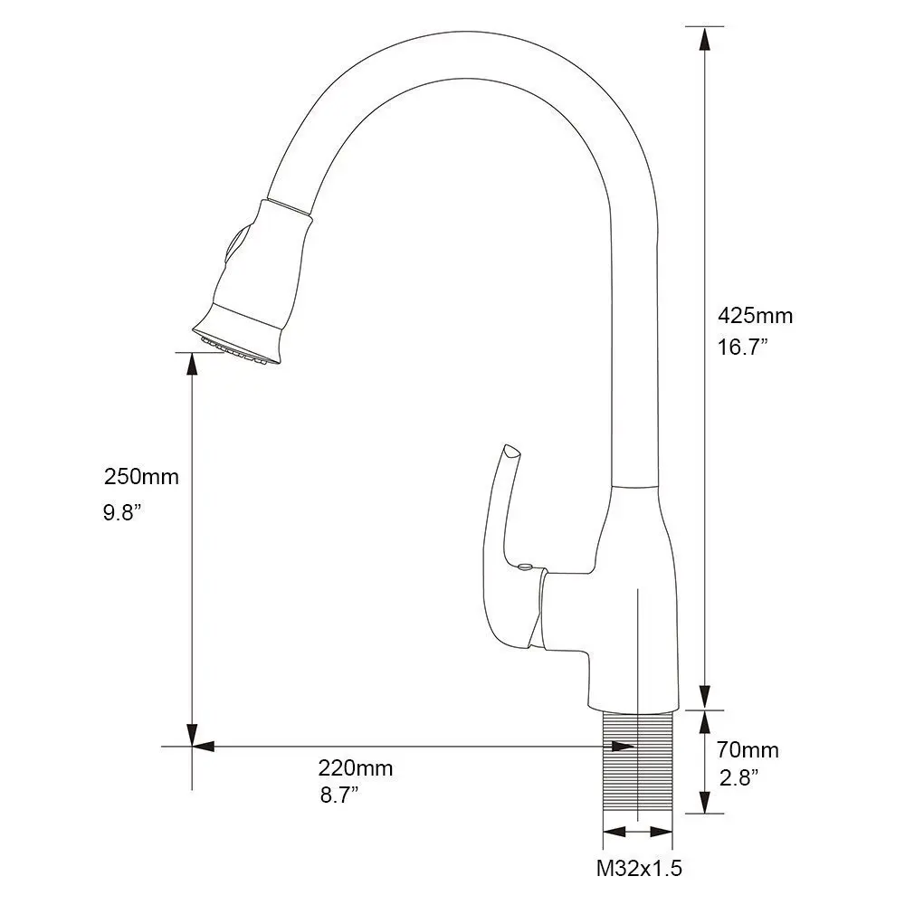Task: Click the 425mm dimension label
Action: [755, 316]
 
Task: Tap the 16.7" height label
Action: [742, 347]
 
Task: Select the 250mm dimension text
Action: [141, 477]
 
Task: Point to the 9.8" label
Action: [122, 512]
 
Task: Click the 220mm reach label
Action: [356, 768]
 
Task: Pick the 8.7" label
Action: [339, 795]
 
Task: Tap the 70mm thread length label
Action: [748, 749]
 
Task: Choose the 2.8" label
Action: [738, 778]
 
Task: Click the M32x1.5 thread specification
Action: [640, 868]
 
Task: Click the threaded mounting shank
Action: [638, 766]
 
